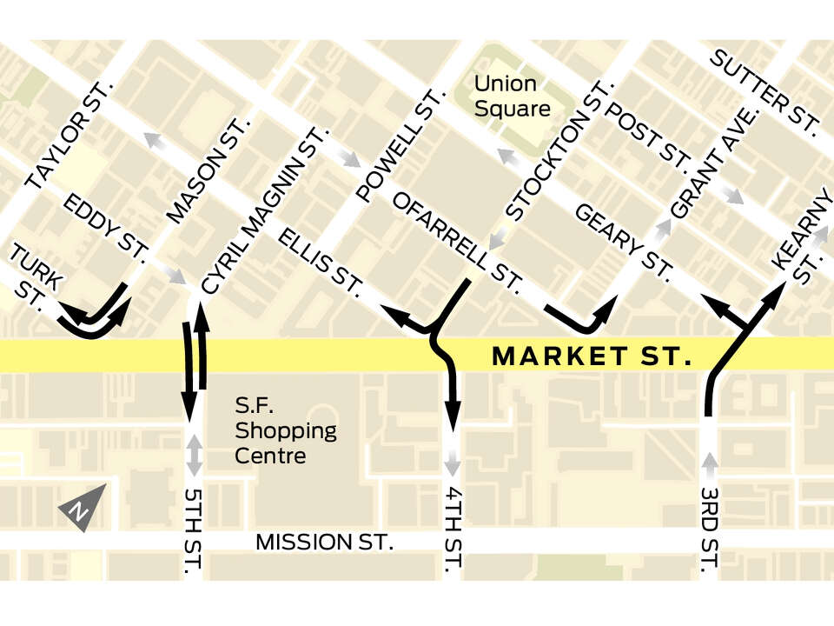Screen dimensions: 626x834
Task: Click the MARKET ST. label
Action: [592, 356]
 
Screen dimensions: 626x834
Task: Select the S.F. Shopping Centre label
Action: [286, 430]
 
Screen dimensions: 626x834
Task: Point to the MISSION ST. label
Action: [325, 543]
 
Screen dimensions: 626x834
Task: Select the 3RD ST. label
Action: [710, 532]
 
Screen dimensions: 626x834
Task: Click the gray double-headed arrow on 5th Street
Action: [195, 455]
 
